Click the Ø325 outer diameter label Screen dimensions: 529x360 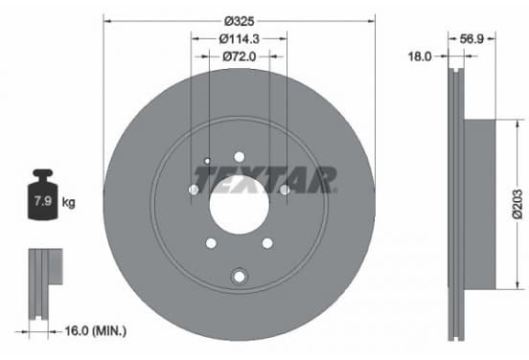click(240, 21)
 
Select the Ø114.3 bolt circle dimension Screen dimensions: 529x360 click(240, 39)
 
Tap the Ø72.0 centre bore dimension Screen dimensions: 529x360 click(240, 56)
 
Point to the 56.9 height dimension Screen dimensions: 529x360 click(471, 39)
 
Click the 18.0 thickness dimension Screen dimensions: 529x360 click(420, 56)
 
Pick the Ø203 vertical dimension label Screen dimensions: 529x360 click(517, 204)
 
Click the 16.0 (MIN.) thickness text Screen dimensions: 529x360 click(96, 330)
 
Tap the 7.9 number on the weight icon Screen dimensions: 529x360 click(43, 201)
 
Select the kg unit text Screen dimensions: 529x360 click(68, 203)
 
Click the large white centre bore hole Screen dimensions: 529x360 click(240, 205)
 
